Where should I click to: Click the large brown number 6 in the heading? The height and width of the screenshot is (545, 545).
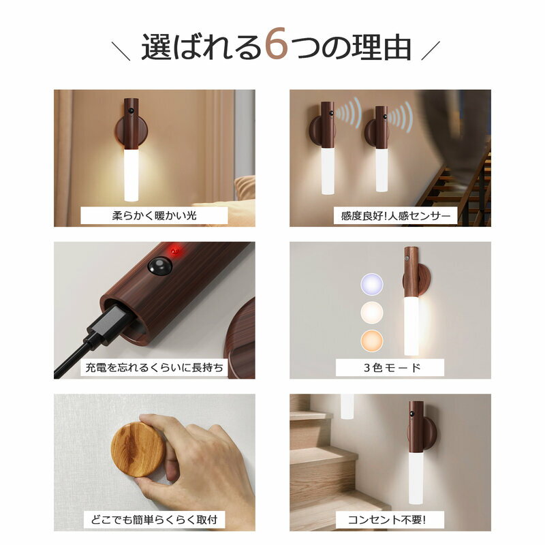pyautogui.click(x=277, y=44)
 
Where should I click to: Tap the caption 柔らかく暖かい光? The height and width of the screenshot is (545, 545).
pyautogui.click(x=155, y=216)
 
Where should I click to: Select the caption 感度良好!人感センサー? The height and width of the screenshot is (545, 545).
pyautogui.click(x=396, y=216)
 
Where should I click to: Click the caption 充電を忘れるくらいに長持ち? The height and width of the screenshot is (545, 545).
pyautogui.click(x=155, y=367)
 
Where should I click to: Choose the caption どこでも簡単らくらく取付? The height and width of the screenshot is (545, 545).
pyautogui.click(x=155, y=520)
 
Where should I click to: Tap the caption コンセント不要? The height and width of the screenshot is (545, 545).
pyautogui.click(x=387, y=520)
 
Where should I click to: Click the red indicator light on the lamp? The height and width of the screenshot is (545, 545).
pyautogui.click(x=175, y=251)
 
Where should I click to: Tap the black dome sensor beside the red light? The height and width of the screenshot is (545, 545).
pyautogui.click(x=160, y=266)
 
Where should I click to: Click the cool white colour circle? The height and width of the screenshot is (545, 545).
pyautogui.click(x=372, y=284)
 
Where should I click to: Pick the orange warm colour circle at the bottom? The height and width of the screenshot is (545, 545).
pyautogui.click(x=372, y=341)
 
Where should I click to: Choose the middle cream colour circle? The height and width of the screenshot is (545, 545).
pyautogui.click(x=372, y=312)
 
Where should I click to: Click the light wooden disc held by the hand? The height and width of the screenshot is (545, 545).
pyautogui.click(x=138, y=449)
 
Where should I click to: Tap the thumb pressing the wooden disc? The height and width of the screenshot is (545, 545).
pyautogui.click(x=158, y=426)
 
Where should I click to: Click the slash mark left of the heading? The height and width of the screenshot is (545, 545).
pyautogui.click(x=121, y=51)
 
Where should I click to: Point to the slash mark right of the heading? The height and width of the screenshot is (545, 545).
pyautogui.click(x=431, y=50)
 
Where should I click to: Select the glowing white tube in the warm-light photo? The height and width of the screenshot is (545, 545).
pyautogui.click(x=131, y=175)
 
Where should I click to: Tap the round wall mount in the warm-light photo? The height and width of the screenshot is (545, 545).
pyautogui.click(x=131, y=131)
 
